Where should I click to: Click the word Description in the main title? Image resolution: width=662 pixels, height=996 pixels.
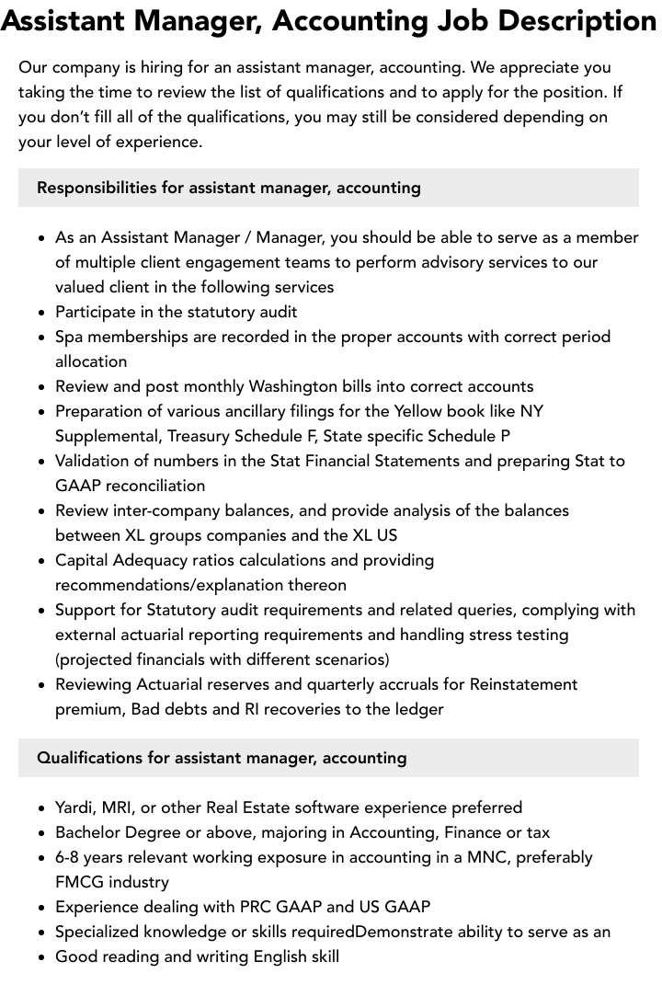click(x=562, y=20)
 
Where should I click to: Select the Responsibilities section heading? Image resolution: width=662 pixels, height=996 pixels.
click(x=229, y=188)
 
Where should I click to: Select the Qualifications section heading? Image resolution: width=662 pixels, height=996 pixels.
click(x=222, y=758)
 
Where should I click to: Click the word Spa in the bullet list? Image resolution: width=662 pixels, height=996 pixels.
click(x=71, y=337)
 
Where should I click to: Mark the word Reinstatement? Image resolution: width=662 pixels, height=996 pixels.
click(x=523, y=684)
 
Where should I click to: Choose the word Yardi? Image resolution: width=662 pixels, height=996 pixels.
click(x=74, y=807)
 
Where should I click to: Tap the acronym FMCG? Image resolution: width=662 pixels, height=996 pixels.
click(x=80, y=882)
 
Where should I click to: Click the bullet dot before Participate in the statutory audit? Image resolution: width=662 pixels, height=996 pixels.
click(x=42, y=313)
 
